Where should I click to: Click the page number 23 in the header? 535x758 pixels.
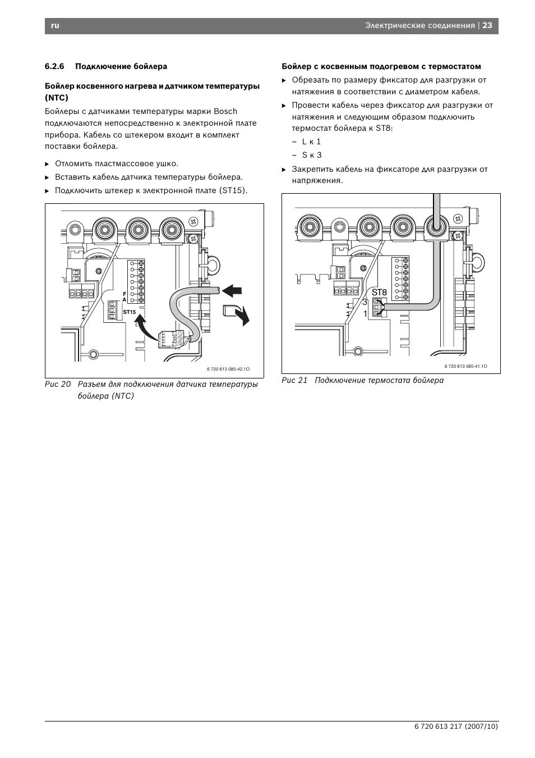487,26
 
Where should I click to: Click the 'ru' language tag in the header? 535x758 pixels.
54,26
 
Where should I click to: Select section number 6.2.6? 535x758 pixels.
54,66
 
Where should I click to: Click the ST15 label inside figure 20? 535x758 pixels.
130,312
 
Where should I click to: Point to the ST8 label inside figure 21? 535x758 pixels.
379,292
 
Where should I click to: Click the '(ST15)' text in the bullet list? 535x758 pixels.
233,190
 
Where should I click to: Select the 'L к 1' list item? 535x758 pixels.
311,141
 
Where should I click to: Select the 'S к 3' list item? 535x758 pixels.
312,155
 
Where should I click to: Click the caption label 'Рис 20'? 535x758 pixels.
58,384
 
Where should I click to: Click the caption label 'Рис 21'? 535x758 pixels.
294,380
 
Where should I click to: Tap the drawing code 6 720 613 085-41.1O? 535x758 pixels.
465,366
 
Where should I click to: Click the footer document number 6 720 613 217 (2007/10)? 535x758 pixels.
456,726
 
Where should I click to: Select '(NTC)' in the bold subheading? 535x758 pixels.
57,97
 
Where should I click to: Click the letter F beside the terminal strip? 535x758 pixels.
124,294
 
